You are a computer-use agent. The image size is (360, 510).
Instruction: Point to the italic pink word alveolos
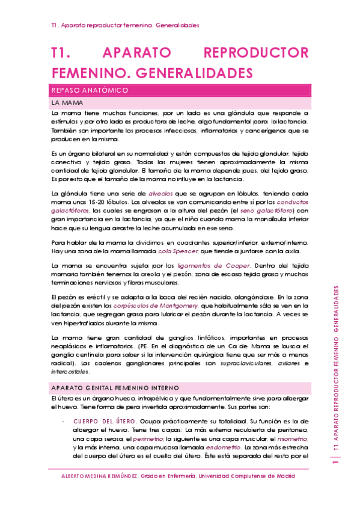click(161, 194)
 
